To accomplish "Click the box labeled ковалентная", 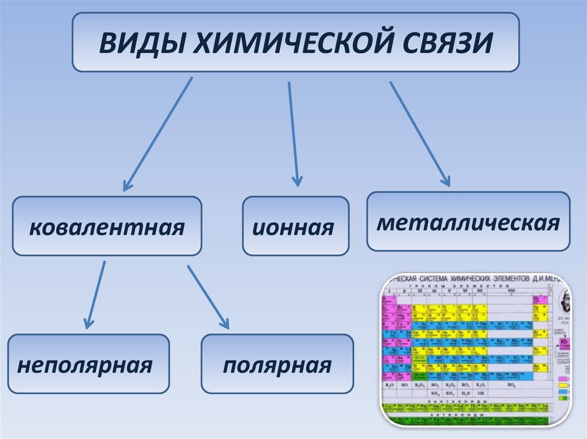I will coord(107,226).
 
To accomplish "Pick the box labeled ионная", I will coord(295,226).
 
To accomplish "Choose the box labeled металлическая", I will coord(468,222).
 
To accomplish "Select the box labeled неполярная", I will coord(88,364).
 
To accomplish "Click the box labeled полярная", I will coord(277,364).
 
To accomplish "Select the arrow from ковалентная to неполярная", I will coord(95,294).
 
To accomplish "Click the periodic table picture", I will coord(476,350).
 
